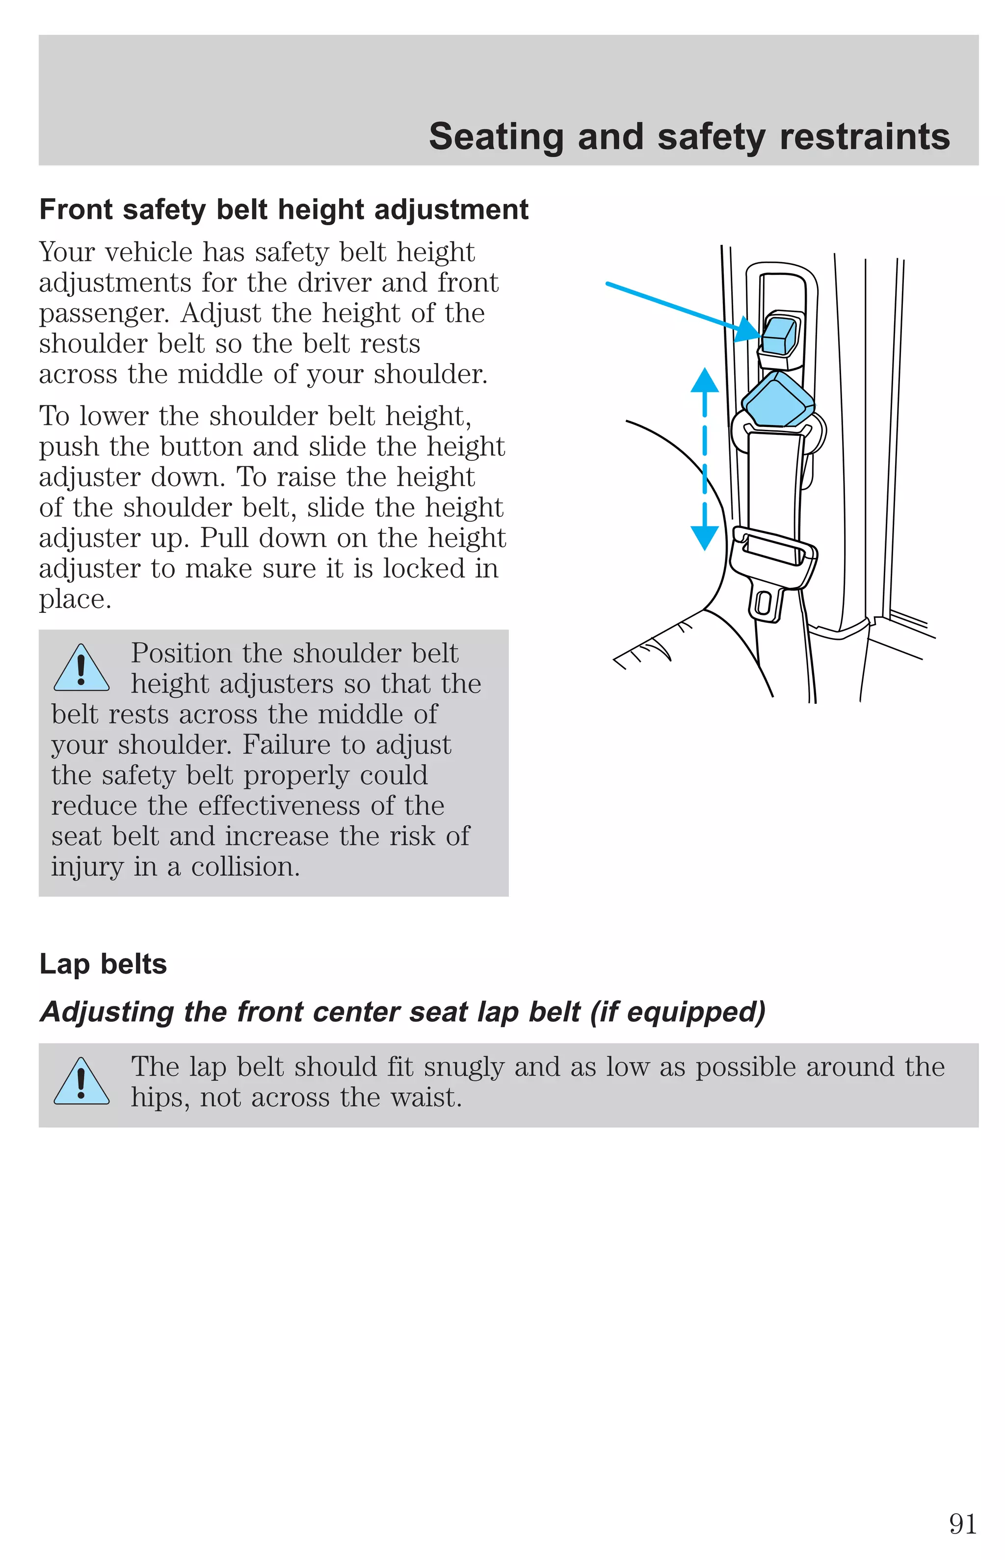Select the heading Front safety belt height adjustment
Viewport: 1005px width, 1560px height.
coord(284,210)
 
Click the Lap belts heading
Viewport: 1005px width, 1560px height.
coord(103,964)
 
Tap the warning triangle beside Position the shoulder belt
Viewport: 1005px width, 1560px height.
coord(81,669)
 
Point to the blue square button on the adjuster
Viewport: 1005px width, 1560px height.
coord(779,335)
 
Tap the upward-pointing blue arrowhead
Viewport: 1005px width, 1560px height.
coord(705,380)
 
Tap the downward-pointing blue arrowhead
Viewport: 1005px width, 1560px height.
coord(705,538)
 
